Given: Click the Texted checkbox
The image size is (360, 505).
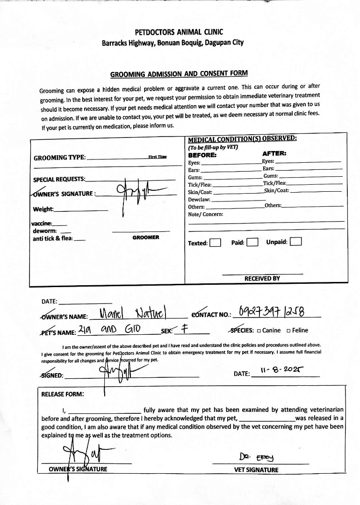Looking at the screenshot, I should [x=215, y=243].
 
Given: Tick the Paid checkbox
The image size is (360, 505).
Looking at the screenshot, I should [x=252, y=242].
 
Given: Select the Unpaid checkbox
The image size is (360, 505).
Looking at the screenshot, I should [x=295, y=242].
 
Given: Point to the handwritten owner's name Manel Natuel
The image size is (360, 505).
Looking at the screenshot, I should [x=133, y=312].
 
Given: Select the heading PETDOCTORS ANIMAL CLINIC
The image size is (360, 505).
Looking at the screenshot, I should [x=179, y=32].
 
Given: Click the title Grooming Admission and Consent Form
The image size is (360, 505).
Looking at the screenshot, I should [x=179, y=74].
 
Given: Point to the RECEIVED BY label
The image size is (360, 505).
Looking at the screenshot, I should [x=262, y=279].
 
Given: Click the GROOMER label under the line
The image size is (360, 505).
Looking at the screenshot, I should [x=145, y=238].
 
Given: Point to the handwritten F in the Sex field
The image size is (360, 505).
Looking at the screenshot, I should [x=185, y=329].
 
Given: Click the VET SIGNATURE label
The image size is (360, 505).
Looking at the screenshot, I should [x=256, y=470].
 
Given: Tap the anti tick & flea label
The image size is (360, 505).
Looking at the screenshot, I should [x=53, y=238].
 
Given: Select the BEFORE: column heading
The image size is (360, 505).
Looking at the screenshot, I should [x=202, y=155].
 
